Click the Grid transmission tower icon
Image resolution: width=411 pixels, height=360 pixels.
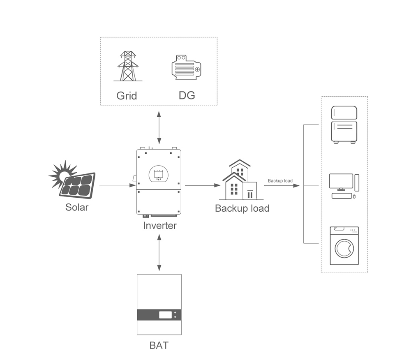pyautogui.click(x=128, y=66)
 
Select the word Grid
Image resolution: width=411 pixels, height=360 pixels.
pyautogui.click(x=127, y=96)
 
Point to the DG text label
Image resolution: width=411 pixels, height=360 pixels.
pyautogui.click(x=187, y=96)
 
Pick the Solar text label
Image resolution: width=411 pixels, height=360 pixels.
pyautogui.click(x=77, y=207)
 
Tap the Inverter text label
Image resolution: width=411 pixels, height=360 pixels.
pyautogui.click(x=160, y=226)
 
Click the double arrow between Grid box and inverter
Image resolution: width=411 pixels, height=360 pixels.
pyautogui.click(x=159, y=127)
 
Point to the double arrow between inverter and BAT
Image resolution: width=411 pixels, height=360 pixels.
pyautogui.click(x=159, y=253)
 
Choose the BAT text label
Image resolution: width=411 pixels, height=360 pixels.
pyautogui.click(x=159, y=345)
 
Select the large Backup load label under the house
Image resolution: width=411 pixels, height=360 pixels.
pyautogui.click(x=242, y=208)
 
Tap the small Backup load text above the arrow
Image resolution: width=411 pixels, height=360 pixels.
pyautogui.click(x=280, y=181)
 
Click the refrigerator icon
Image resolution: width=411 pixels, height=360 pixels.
pyautogui.click(x=344, y=125)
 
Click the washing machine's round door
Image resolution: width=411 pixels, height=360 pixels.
pyautogui.click(x=344, y=248)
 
